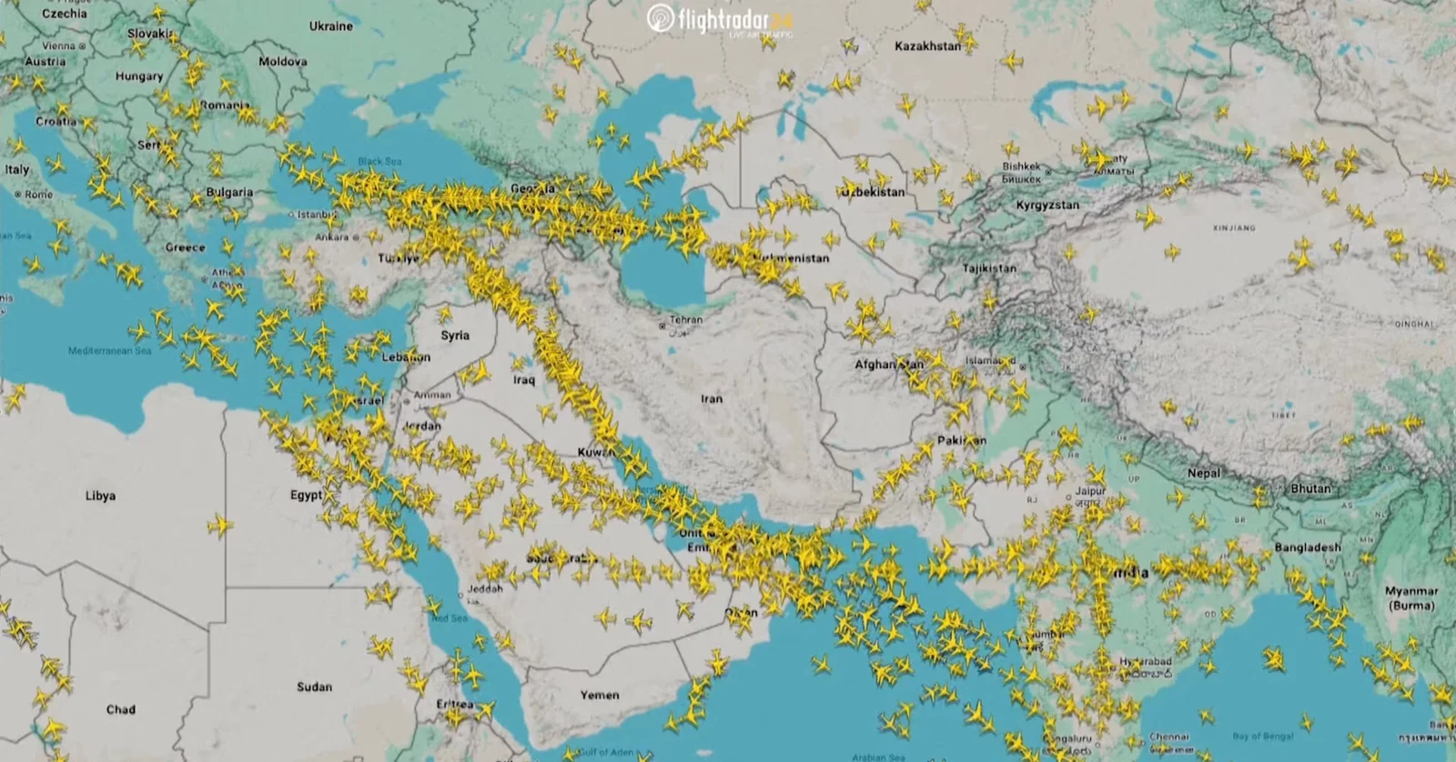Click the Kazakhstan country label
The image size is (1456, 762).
coord(927,46)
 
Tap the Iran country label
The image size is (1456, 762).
coord(712,398)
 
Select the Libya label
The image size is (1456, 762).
coord(100,496)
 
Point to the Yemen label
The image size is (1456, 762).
coord(600,695)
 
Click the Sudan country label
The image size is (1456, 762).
coord(314,687)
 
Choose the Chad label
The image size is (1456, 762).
coord(120,709)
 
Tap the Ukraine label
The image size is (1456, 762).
coord(330,26)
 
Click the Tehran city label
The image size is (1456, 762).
coord(686,320)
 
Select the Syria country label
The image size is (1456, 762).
coord(455,336)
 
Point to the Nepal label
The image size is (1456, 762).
coord(1204,474)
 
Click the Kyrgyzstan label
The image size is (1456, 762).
coord(1047,206)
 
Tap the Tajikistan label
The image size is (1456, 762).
coord(989,269)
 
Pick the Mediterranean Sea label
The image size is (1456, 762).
coord(109,351)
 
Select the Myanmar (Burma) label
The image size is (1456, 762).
coord(1410,597)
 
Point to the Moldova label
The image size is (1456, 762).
coord(283,62)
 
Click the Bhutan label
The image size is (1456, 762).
coord(1310,488)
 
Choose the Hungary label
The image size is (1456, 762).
coord(139,76)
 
